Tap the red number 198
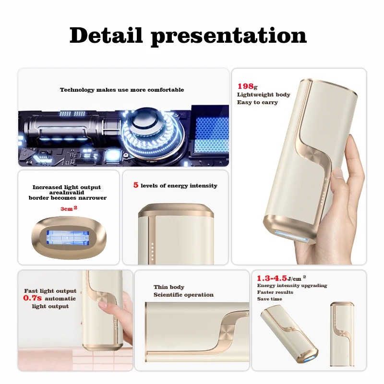(x=245, y=86)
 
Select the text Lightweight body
(x=264, y=95)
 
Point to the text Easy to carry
(x=257, y=102)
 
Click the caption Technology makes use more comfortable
(x=122, y=90)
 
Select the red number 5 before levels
(x=136, y=185)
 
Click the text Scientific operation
(x=183, y=295)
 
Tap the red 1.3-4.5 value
(x=272, y=278)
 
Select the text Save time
(x=269, y=299)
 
